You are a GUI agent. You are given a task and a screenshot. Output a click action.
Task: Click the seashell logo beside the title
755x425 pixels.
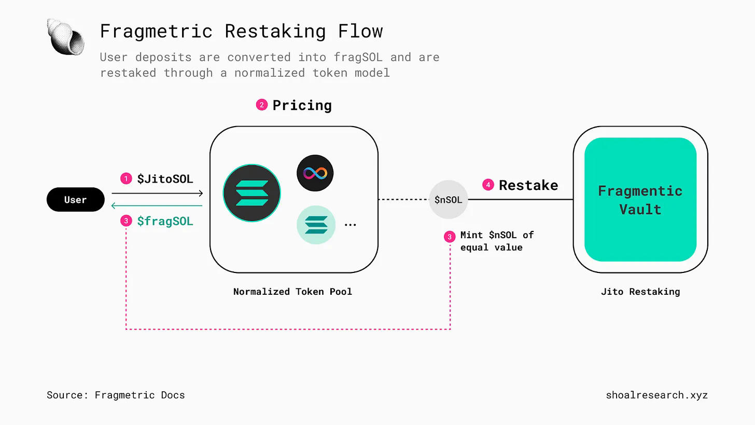(x=66, y=36)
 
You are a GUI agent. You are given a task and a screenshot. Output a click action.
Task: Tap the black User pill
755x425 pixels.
(x=75, y=200)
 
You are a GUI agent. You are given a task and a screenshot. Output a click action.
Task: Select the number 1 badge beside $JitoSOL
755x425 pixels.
(x=126, y=179)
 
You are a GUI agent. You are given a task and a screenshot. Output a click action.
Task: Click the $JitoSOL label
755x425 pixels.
(x=165, y=179)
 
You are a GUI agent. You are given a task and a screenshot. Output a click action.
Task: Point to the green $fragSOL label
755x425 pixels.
(x=165, y=221)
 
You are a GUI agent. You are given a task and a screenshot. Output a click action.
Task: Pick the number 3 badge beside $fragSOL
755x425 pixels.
(x=126, y=221)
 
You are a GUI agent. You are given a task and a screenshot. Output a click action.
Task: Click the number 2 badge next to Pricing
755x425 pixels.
(x=262, y=105)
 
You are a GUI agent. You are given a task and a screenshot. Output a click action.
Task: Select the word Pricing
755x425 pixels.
(x=302, y=105)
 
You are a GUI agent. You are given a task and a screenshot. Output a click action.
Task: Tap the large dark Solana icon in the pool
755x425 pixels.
(x=252, y=193)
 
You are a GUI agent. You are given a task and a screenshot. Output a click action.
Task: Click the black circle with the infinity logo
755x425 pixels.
(x=315, y=173)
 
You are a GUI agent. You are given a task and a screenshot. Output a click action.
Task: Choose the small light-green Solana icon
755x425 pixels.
(x=316, y=225)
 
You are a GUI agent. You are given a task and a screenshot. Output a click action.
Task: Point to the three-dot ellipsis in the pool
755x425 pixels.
(x=351, y=225)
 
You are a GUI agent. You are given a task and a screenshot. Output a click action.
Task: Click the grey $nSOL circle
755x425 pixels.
(x=449, y=200)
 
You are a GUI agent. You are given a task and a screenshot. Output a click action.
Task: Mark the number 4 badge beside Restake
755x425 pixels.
(x=488, y=185)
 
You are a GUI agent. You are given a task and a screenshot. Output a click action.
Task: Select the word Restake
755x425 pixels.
(x=528, y=185)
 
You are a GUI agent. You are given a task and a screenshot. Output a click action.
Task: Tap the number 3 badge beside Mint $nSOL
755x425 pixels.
(x=450, y=237)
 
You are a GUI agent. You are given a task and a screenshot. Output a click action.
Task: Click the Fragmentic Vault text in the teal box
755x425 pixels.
(x=640, y=200)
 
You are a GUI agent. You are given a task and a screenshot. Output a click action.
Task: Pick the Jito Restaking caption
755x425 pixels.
(x=640, y=292)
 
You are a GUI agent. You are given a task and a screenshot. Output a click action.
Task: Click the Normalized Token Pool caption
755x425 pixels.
(x=292, y=292)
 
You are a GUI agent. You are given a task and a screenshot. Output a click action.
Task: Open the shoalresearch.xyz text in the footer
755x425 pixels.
(x=656, y=395)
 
